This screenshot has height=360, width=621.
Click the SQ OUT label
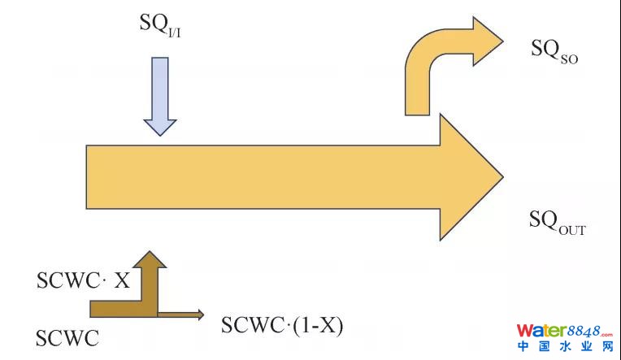[x=557, y=221]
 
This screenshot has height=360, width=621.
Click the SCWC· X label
[x=82, y=280]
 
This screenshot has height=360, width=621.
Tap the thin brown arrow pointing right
[x=179, y=314]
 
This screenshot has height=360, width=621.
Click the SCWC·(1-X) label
[x=282, y=326]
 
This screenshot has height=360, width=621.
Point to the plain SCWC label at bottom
[x=67, y=337]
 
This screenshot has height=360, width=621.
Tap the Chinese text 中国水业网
[x=564, y=347]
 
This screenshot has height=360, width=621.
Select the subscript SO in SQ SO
[x=567, y=58]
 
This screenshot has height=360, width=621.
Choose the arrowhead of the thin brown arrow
[x=198, y=314]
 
